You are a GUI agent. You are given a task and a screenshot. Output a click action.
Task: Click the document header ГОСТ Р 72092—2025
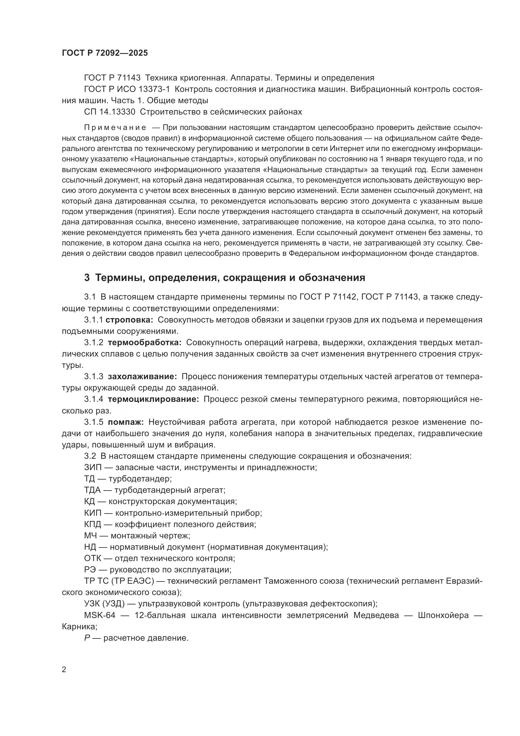(105, 53)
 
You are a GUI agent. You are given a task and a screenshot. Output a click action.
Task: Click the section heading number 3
(87, 278)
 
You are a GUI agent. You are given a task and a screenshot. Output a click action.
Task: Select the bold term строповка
(129, 320)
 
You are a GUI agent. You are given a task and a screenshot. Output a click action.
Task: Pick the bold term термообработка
(145, 343)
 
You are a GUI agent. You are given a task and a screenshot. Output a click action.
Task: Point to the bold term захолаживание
(142, 376)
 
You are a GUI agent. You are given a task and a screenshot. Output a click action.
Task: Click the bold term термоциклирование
(153, 399)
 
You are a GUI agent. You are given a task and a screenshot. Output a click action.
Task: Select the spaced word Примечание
(115, 128)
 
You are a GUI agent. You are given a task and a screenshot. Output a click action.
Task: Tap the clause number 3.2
(90, 456)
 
